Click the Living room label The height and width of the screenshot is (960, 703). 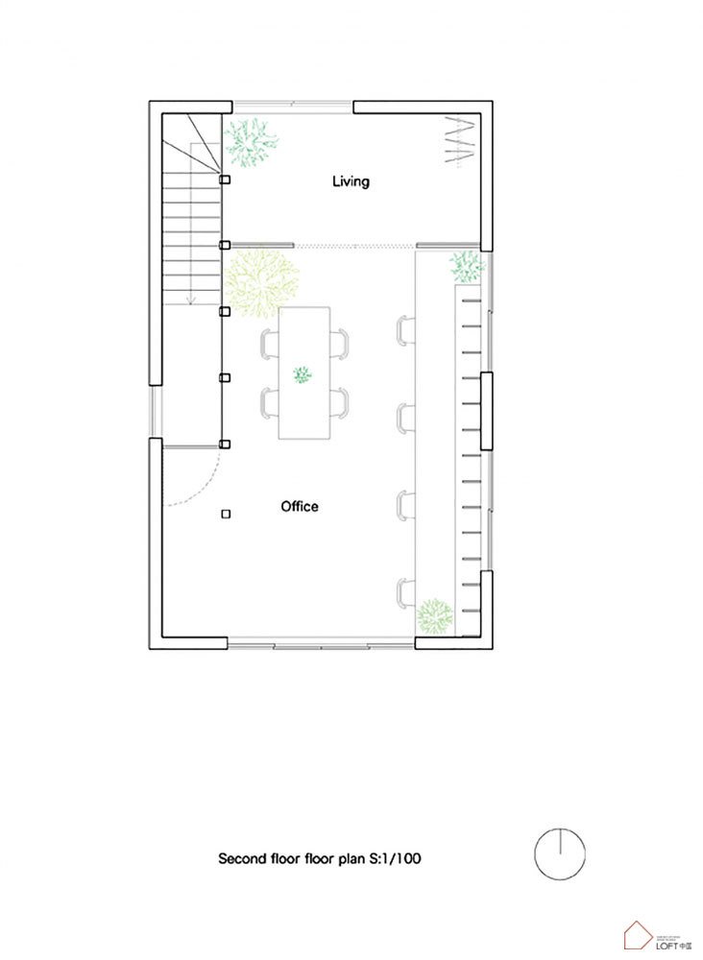(351, 180)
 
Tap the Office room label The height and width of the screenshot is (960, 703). (299, 506)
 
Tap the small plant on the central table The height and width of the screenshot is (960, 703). (303, 374)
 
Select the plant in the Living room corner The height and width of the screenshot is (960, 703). (252, 144)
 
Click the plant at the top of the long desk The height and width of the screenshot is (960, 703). (468, 266)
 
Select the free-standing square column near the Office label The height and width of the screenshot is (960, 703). (226, 515)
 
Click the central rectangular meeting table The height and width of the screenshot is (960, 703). (303, 372)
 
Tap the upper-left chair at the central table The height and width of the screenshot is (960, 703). (268, 344)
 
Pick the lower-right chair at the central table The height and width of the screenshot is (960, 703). (339, 403)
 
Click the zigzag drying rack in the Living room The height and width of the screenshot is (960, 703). (460, 140)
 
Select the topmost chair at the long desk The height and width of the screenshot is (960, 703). (404, 329)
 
